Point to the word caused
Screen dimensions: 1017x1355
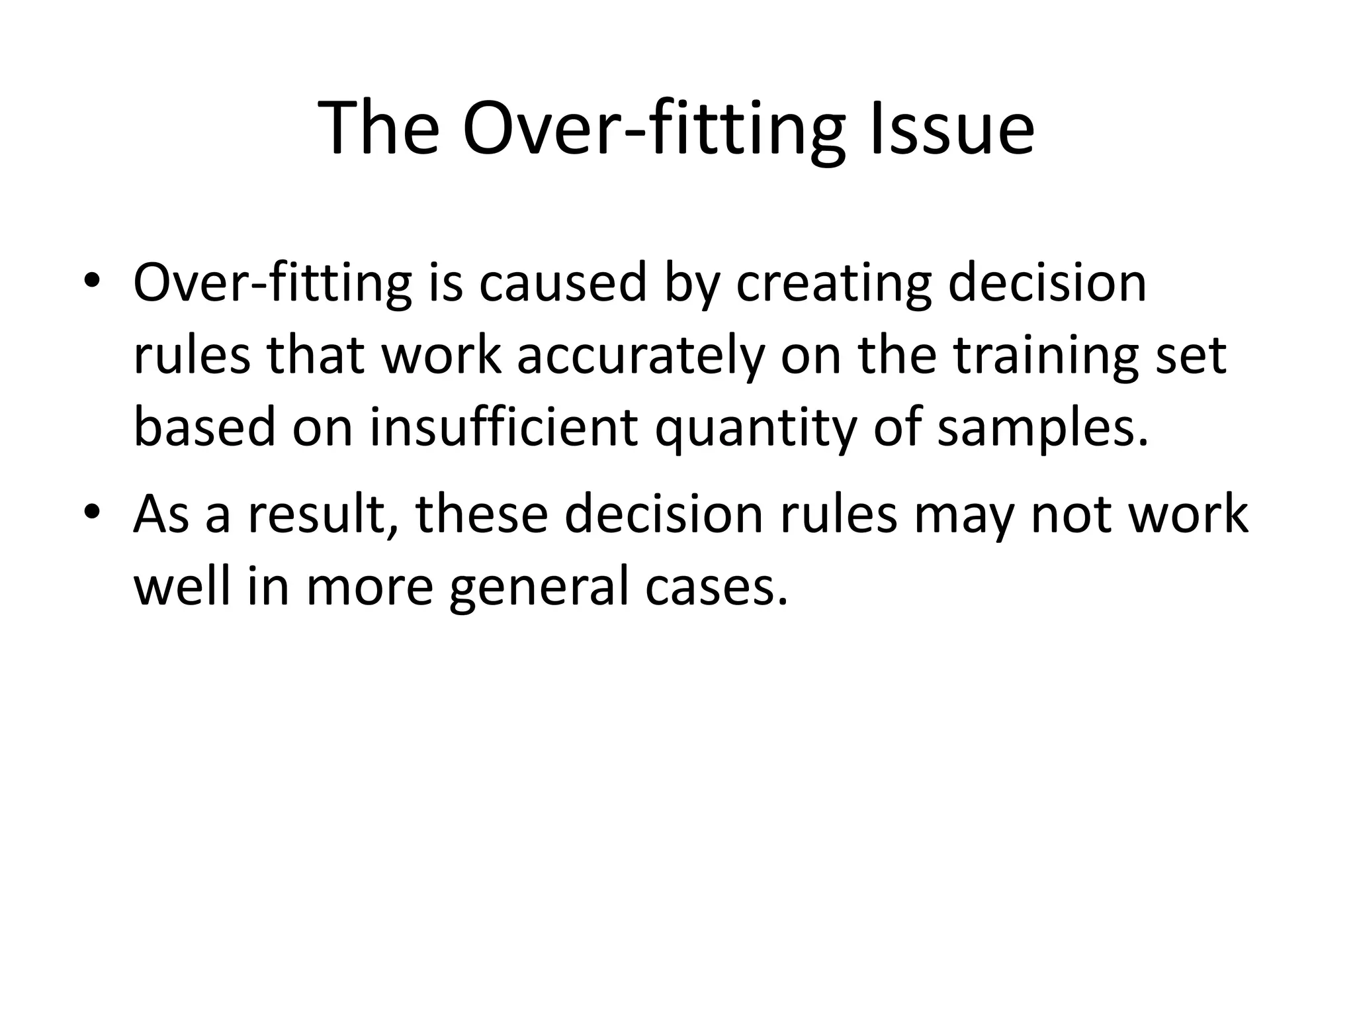tap(562, 283)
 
